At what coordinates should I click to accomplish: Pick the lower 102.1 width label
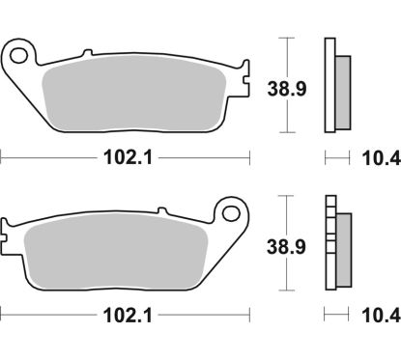tap(126, 314)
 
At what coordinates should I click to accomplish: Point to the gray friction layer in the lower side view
tap(341, 248)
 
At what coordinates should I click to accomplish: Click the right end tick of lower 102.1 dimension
tap(249, 314)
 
